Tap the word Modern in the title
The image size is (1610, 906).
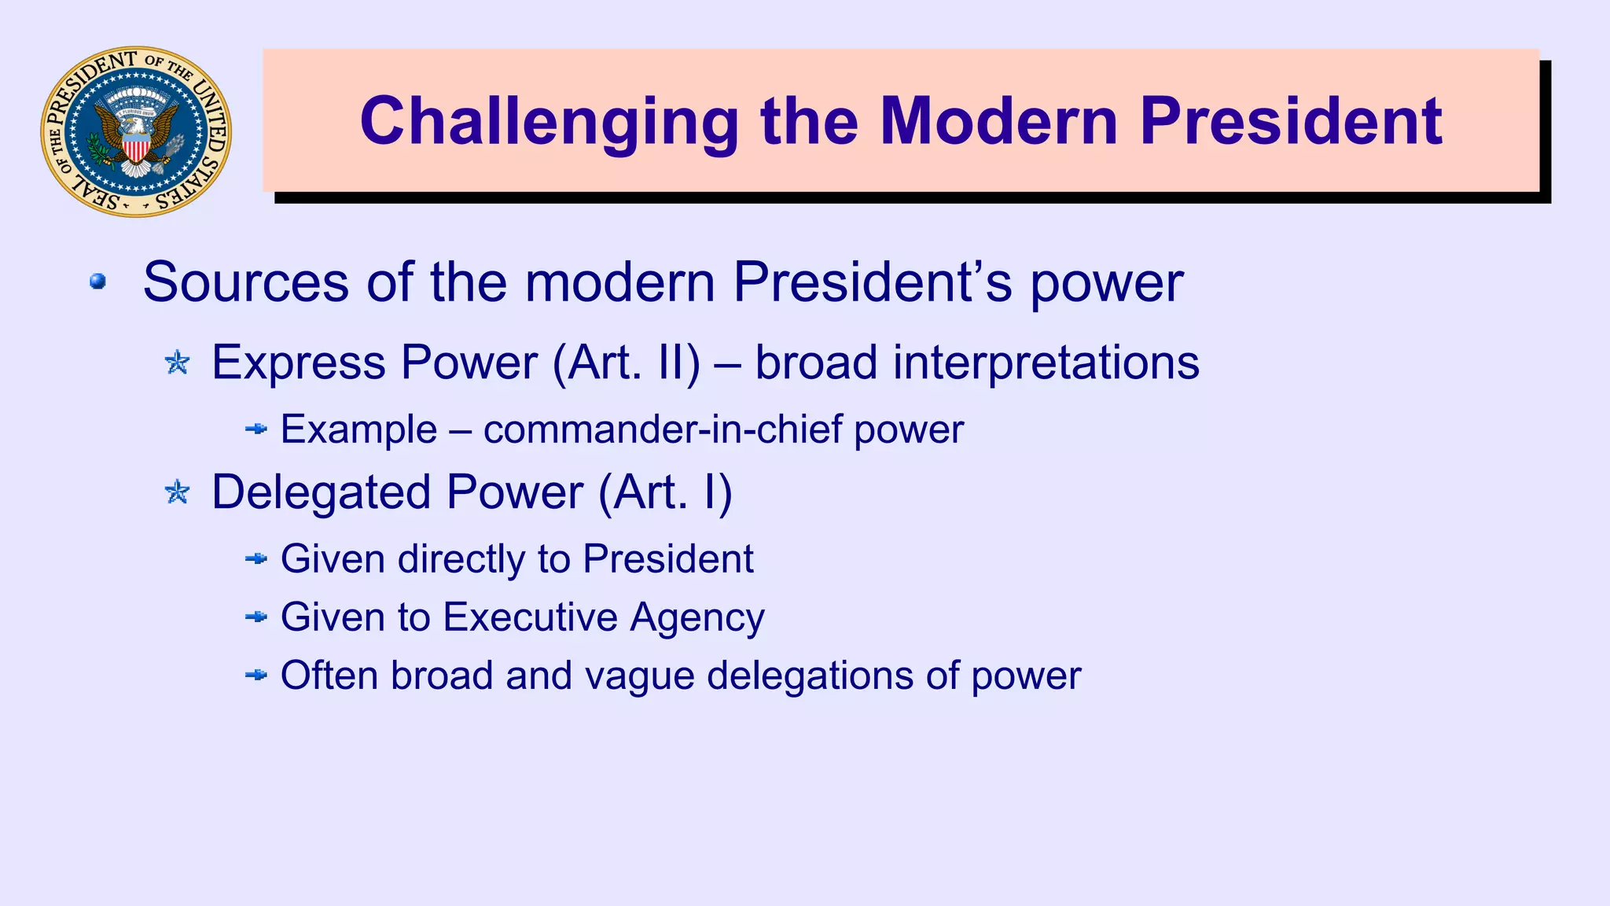(998, 122)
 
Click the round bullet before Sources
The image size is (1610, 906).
(97, 282)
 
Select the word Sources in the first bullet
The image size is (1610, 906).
(245, 282)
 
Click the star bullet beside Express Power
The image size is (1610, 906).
(178, 363)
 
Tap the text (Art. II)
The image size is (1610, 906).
(626, 363)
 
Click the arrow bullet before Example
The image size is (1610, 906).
(256, 429)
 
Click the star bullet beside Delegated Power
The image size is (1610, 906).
(178, 492)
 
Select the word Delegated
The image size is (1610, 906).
(321, 492)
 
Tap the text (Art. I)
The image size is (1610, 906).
(665, 492)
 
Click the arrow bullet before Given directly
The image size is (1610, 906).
(256, 559)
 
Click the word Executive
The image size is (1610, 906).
(530, 617)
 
